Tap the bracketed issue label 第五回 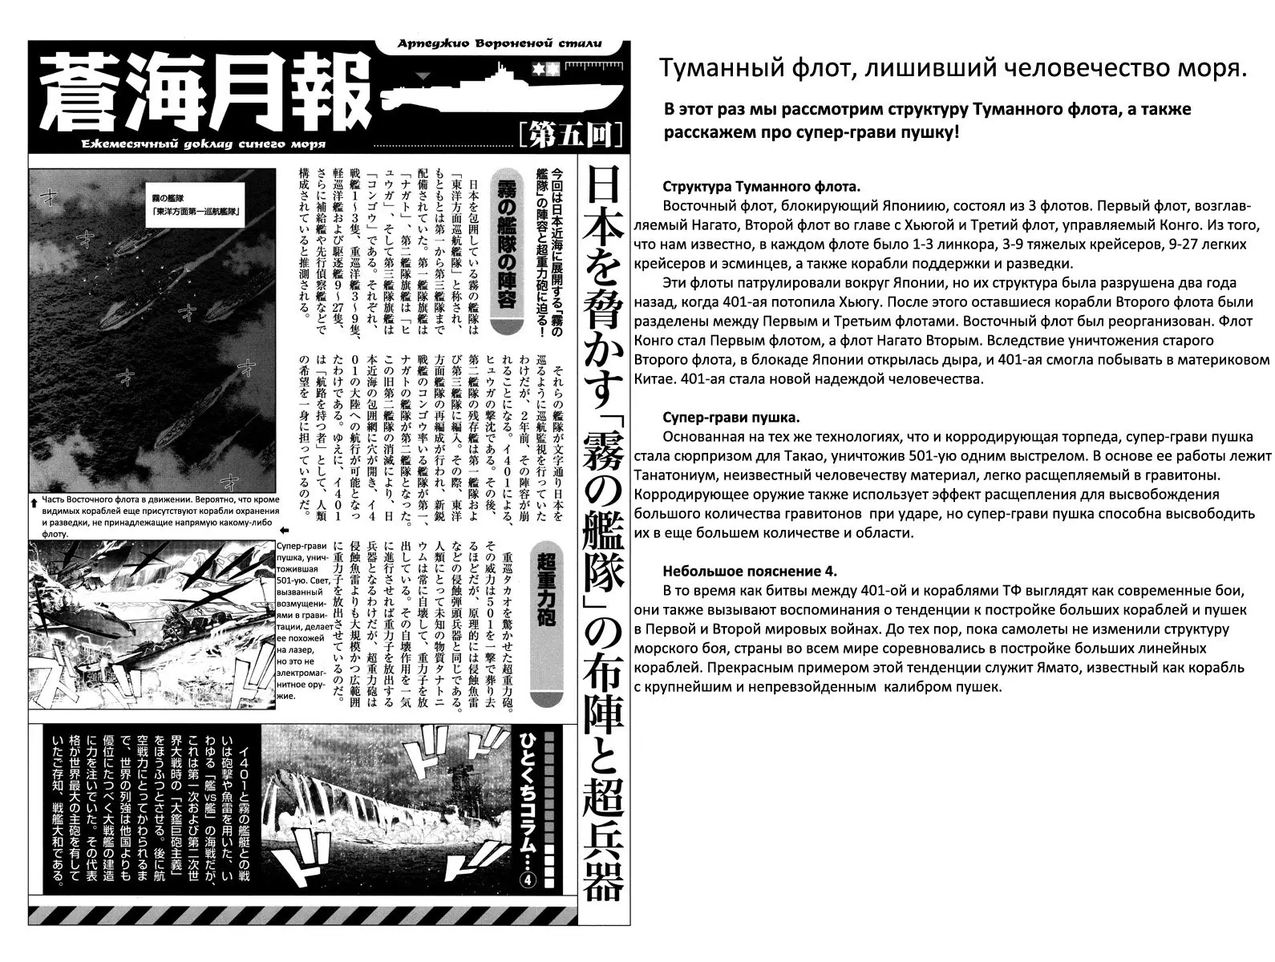point(570,135)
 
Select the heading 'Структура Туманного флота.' point(761,187)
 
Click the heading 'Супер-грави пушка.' point(731,418)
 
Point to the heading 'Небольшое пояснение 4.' point(750,572)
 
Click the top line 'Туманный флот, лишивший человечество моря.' point(953,69)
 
